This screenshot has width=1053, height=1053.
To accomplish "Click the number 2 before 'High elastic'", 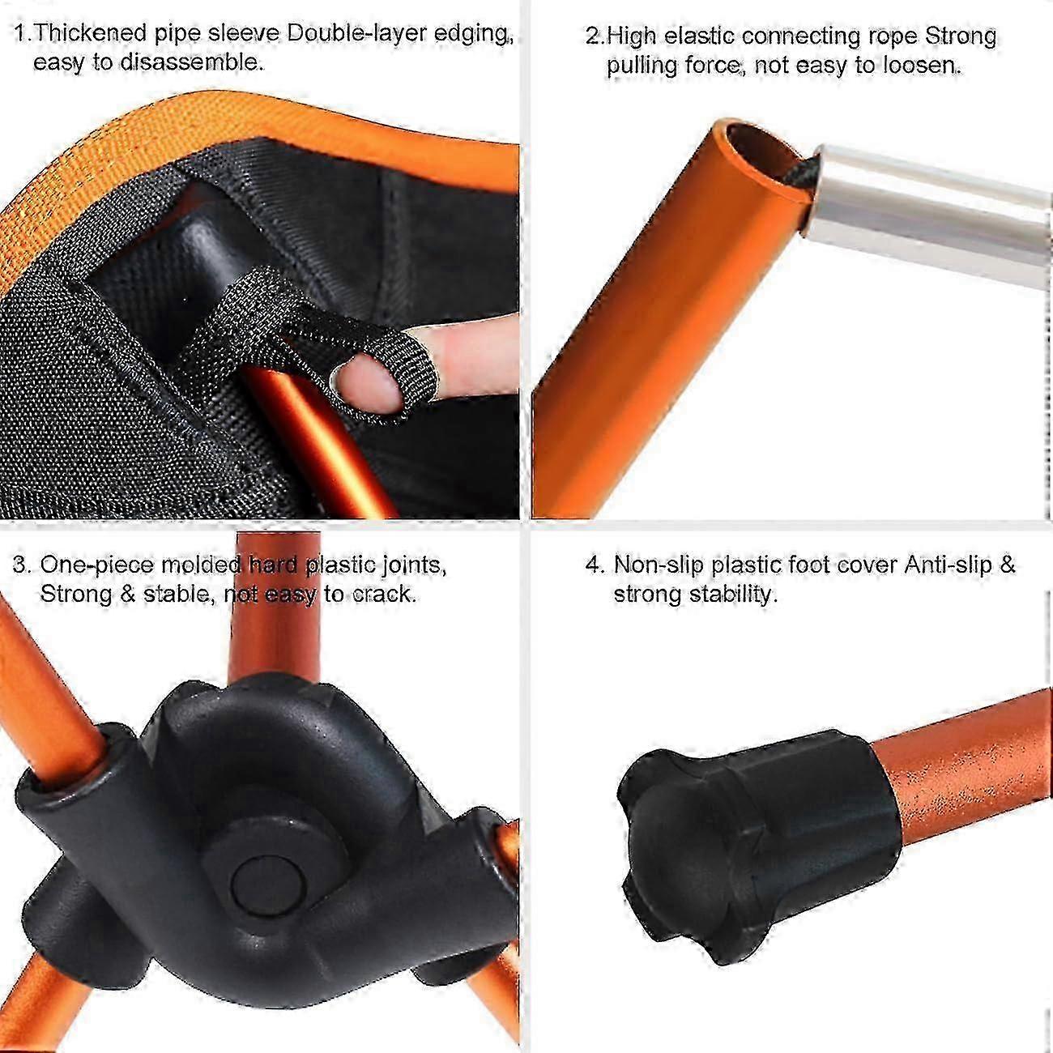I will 592,36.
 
